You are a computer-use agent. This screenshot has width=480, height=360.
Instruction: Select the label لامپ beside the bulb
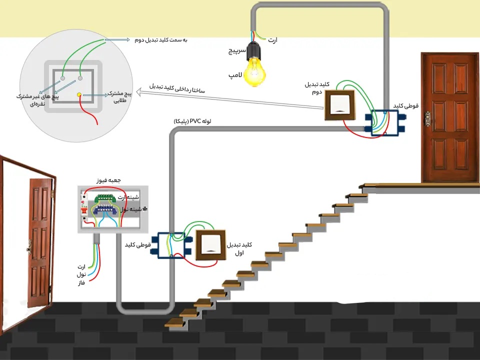[x=235, y=75]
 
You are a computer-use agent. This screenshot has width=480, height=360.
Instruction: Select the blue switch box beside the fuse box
[x=171, y=244]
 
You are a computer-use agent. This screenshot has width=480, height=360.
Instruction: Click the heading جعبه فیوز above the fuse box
[x=109, y=179]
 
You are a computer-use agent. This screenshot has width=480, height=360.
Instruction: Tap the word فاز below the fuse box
[x=79, y=283]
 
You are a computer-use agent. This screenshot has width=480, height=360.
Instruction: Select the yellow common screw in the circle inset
[x=78, y=94]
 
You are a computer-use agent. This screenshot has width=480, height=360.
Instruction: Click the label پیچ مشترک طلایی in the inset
[x=121, y=97]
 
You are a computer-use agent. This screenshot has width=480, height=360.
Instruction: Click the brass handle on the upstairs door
[x=427, y=118]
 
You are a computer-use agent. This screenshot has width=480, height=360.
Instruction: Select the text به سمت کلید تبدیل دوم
[x=160, y=39]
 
